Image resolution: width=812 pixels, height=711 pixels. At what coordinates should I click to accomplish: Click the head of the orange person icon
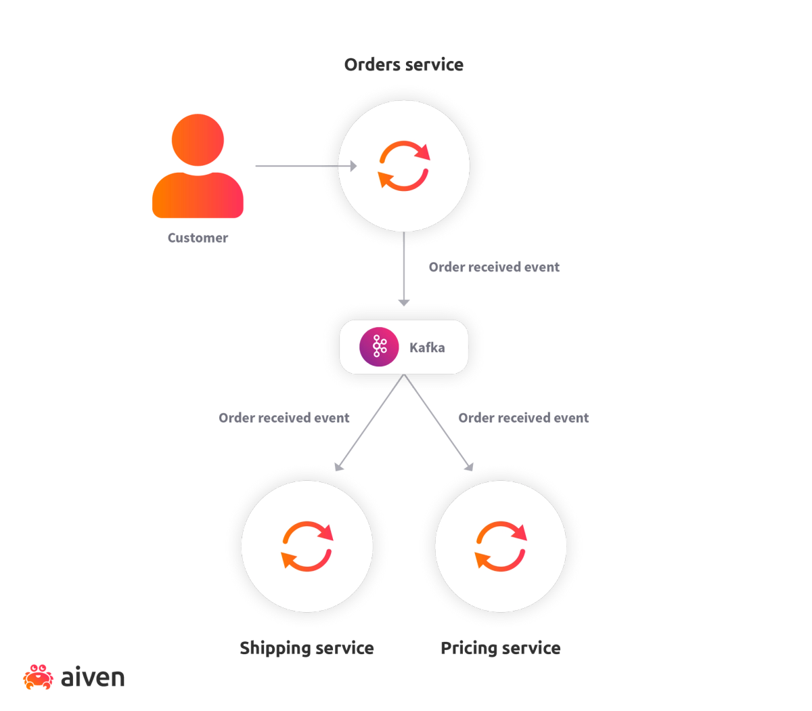[198, 139]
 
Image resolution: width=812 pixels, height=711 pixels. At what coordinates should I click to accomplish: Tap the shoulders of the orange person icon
[198, 196]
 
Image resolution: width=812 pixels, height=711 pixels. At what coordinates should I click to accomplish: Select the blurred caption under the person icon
[198, 238]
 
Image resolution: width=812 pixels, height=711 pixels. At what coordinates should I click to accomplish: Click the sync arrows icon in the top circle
[404, 166]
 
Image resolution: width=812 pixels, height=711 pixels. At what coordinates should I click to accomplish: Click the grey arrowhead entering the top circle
[353, 166]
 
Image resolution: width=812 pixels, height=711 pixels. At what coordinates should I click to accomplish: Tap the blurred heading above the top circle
[403, 65]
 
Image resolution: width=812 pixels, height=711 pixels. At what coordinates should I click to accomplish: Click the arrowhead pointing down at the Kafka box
[404, 301]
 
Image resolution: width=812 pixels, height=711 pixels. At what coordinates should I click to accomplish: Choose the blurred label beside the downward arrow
[493, 267]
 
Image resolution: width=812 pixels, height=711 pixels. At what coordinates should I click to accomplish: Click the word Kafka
[427, 347]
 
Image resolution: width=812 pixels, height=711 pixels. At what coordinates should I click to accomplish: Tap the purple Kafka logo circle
[379, 347]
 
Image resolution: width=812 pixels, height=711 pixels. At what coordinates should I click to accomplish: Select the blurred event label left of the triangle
[284, 418]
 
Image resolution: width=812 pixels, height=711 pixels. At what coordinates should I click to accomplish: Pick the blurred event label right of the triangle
[524, 418]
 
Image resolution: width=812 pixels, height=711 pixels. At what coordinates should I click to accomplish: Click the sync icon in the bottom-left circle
[307, 546]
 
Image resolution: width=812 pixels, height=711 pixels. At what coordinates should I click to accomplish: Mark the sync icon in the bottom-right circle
[501, 546]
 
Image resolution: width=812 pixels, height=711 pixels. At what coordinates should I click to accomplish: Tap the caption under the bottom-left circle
[306, 649]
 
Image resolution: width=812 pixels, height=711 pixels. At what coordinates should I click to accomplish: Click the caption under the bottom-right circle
[500, 649]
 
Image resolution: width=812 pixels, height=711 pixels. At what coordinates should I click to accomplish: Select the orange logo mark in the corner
[38, 678]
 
